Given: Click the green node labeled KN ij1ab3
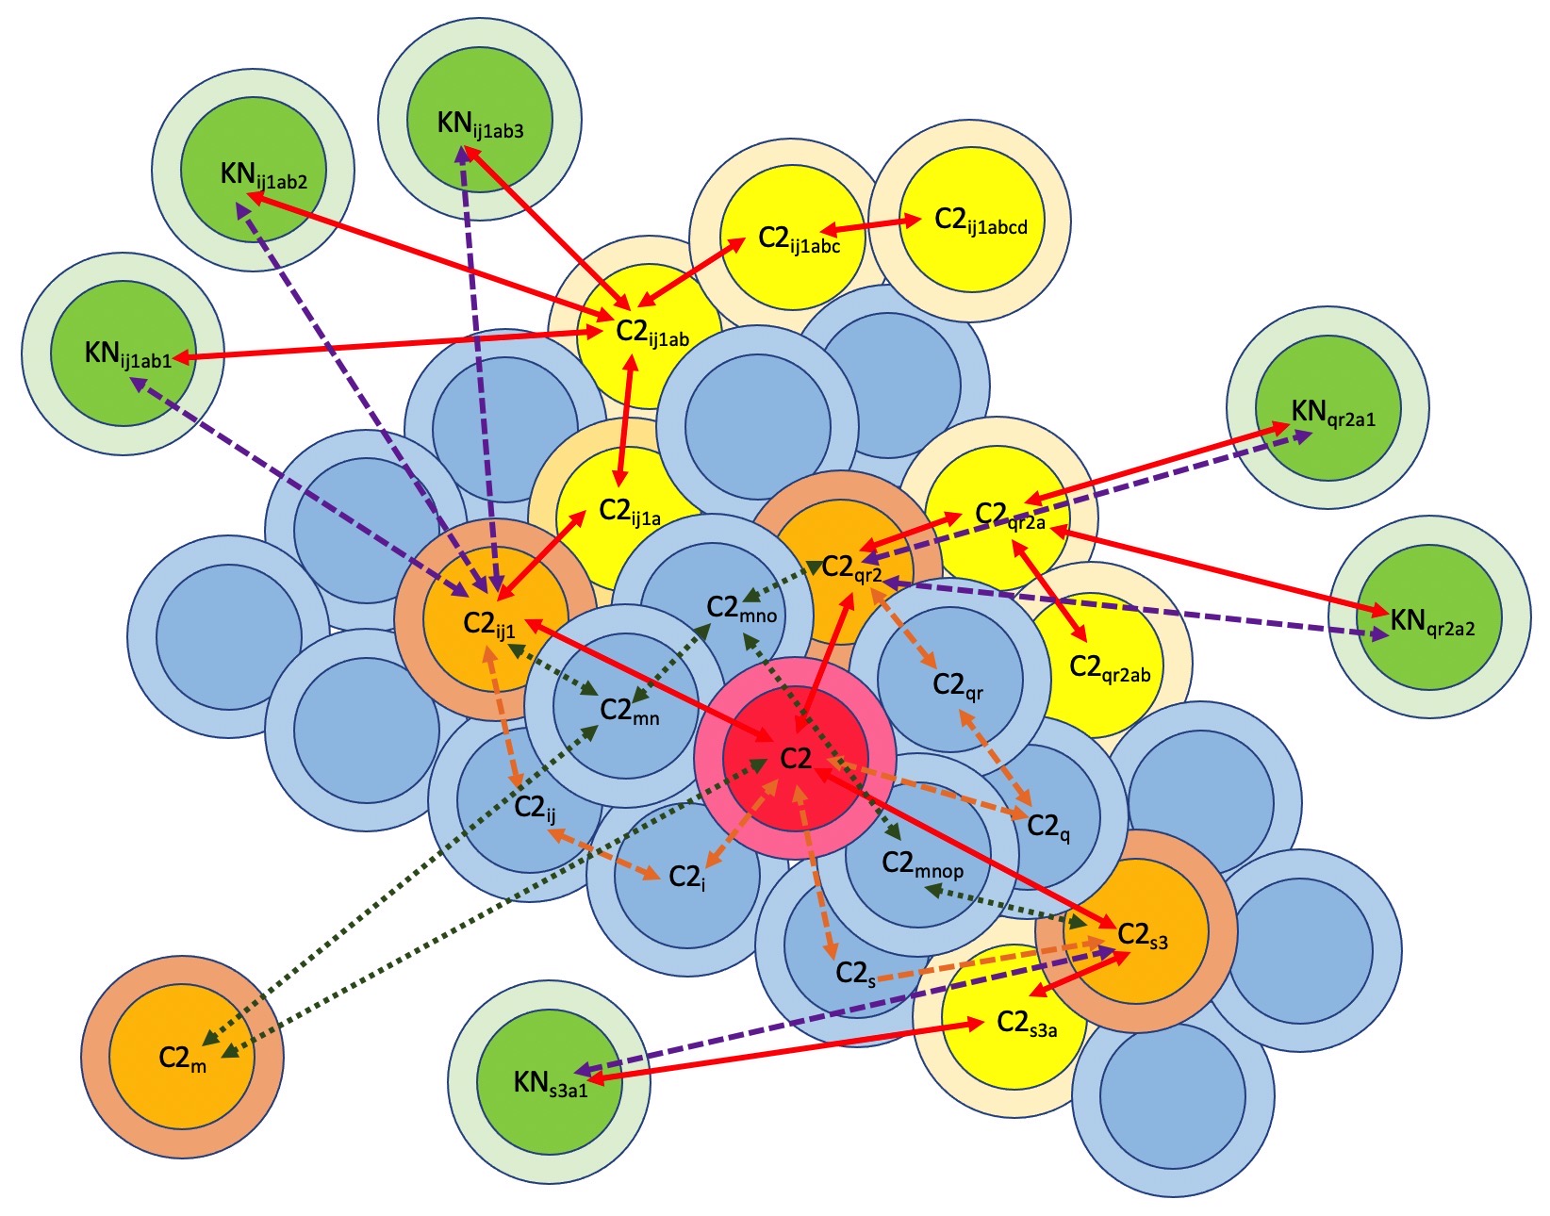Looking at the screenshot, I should pos(480,120).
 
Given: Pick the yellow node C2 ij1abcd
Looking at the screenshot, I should pos(971,221).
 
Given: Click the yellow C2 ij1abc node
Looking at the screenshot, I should pos(792,237).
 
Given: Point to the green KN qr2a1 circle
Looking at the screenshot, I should pos(1327,409).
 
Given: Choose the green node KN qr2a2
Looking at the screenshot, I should pos(1429,617).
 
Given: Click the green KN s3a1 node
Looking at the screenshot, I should pos(549,1081).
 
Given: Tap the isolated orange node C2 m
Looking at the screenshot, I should pos(182,1058).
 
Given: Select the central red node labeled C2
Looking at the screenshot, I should pos(795,759).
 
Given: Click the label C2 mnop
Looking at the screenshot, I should pos(922,863).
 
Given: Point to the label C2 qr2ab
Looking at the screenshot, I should pos(1110,668).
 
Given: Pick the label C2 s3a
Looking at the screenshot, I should pos(1026,1023).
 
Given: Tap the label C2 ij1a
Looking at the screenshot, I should pos(630,512).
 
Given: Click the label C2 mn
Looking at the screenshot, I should pos(630,711).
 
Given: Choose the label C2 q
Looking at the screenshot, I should pos(1047,827).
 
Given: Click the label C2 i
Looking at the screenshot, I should pos(686,878).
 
